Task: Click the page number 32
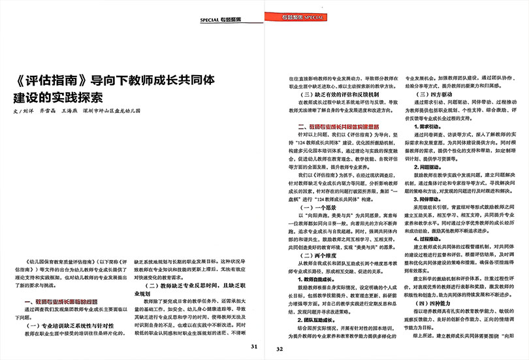(x=279, y=348)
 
